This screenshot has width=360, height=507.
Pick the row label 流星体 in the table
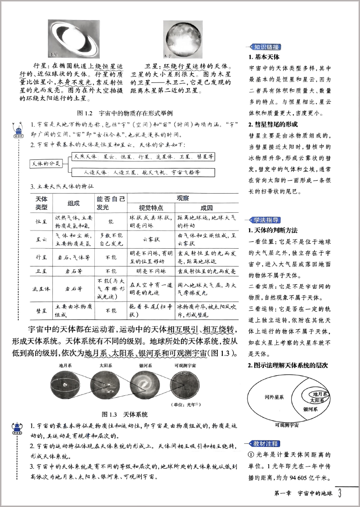click(x=42, y=288)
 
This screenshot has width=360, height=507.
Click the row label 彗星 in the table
click(x=42, y=311)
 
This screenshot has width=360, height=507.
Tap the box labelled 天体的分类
click(x=46, y=164)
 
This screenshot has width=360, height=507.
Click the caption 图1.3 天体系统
click(x=126, y=415)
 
